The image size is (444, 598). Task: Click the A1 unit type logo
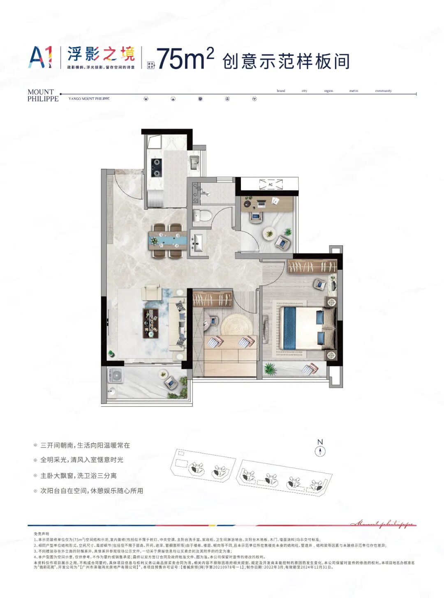click(x=40, y=57)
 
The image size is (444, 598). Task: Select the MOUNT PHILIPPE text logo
click(x=43, y=95)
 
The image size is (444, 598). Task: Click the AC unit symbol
click(x=271, y=184)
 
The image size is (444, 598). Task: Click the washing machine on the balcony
click(x=116, y=375)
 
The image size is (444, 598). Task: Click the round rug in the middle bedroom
click(x=236, y=326)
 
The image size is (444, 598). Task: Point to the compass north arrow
click(x=320, y=451)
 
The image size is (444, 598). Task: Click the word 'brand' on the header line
click(x=281, y=91)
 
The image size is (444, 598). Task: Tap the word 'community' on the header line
click(x=383, y=91)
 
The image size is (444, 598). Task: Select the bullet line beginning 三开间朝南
click(x=85, y=445)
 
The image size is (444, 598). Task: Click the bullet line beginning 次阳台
click(x=92, y=491)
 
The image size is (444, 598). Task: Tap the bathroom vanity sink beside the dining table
click(x=198, y=242)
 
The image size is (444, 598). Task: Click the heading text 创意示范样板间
click(x=286, y=61)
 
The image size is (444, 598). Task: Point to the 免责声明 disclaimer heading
click(x=41, y=534)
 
